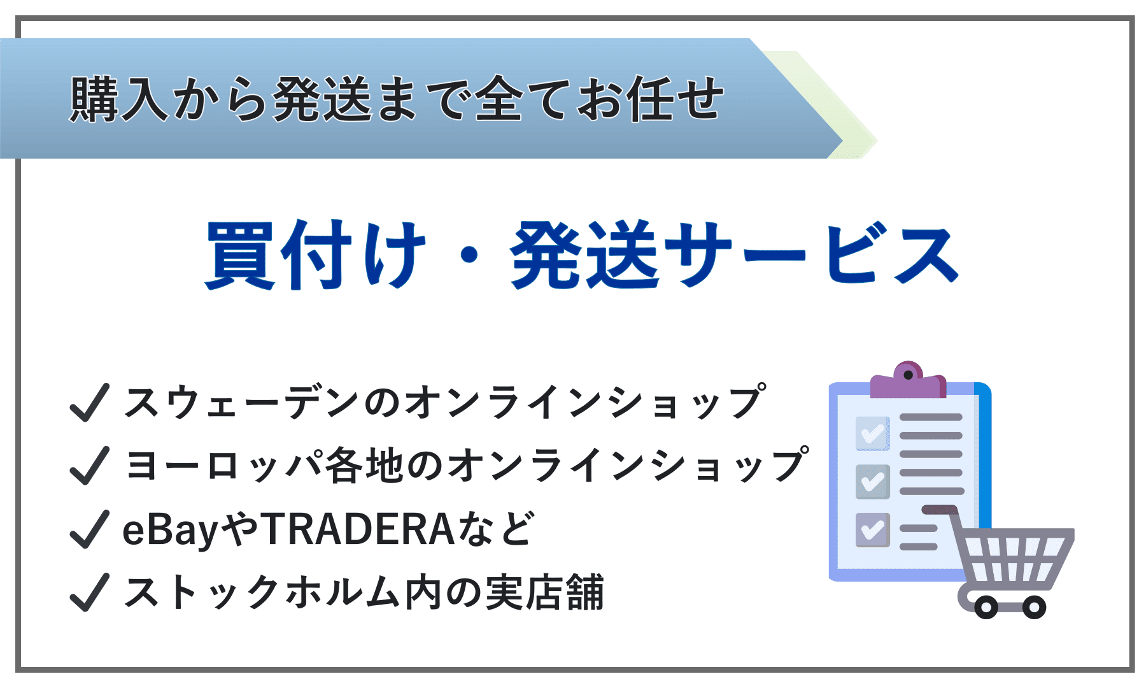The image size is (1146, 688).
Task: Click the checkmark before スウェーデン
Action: point(89,403)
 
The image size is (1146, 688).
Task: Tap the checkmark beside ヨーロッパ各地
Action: point(89,466)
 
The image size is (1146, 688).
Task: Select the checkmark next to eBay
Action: point(89,529)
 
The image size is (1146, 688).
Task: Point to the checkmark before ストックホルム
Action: point(89,592)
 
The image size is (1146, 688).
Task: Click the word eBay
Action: point(171,531)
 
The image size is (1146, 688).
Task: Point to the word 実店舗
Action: point(544,592)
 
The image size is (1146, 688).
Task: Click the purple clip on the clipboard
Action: point(908,380)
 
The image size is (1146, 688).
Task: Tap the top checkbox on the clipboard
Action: point(873,433)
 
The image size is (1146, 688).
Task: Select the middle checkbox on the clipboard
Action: point(873,482)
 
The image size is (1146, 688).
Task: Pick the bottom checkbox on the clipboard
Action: point(873,530)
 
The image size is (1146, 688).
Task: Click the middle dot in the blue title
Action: point(469,255)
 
